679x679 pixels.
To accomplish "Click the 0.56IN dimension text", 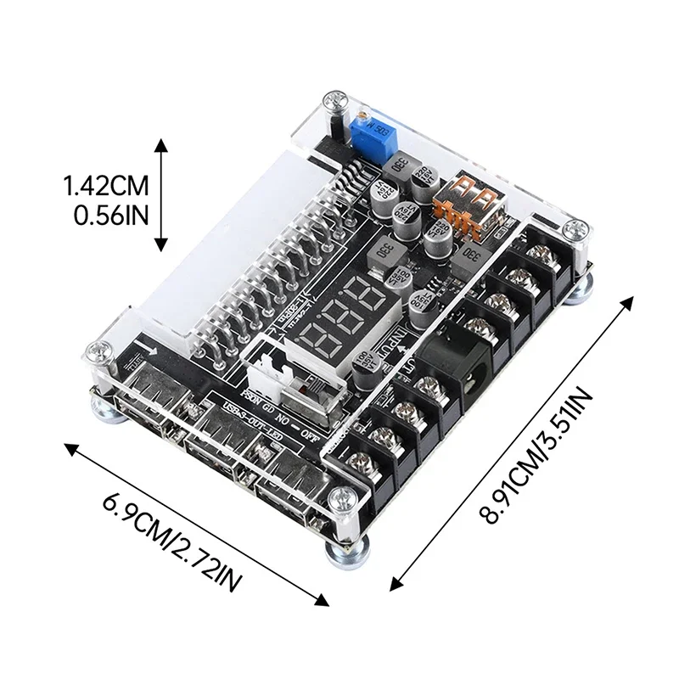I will click(x=110, y=212).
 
